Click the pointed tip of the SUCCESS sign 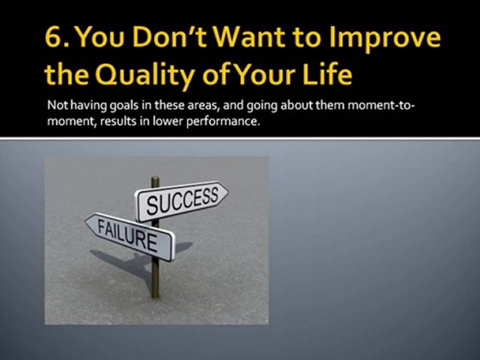[x=227, y=190]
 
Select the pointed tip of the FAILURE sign [x=86, y=220]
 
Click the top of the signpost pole [x=155, y=179]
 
